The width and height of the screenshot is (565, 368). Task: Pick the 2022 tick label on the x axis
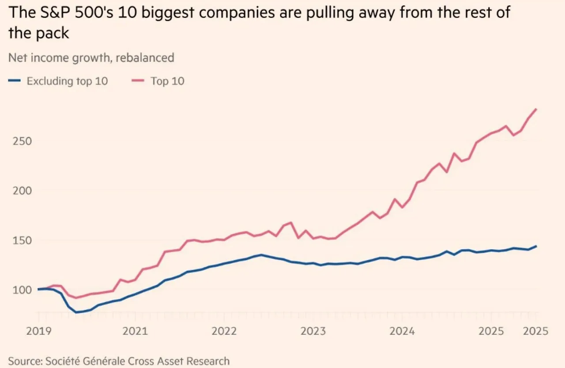[x=224, y=331]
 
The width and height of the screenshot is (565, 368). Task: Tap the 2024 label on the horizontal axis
[x=402, y=331]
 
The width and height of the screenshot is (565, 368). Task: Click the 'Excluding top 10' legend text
[x=67, y=81]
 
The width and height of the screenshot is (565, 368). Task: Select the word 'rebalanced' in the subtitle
[x=147, y=57]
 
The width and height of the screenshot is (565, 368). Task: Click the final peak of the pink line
[x=536, y=109]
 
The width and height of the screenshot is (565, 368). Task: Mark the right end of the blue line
[x=536, y=246]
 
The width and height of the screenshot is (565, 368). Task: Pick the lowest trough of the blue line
[x=76, y=312]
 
